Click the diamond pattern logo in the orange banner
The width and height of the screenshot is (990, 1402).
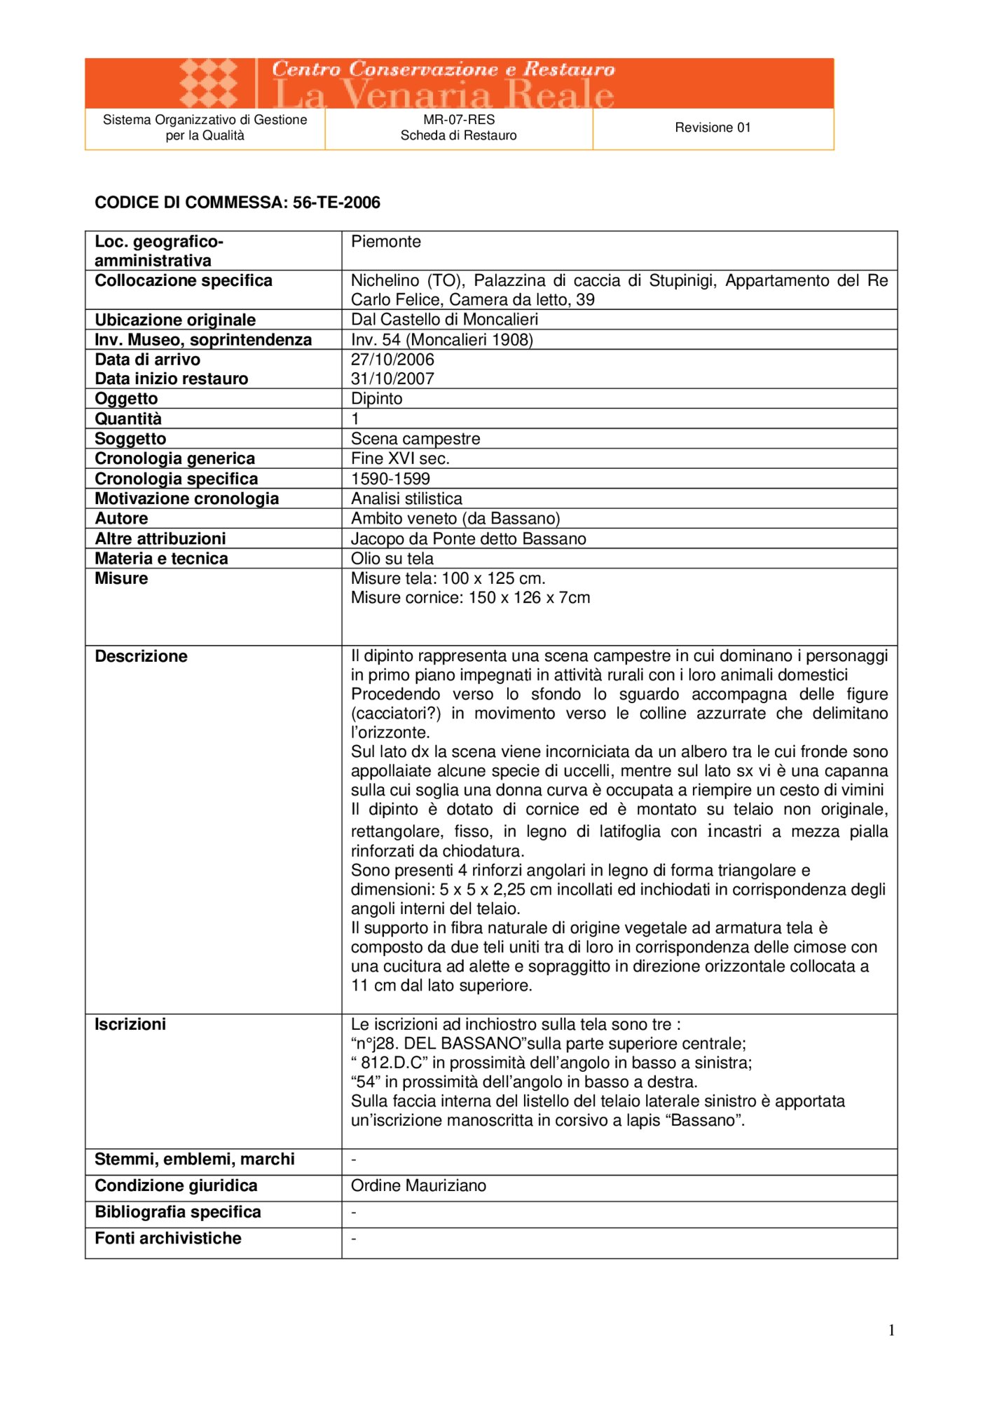point(208,83)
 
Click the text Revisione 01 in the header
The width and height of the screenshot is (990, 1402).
point(713,128)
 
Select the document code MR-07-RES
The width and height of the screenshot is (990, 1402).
point(459,120)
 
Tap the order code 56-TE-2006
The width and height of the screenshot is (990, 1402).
point(336,203)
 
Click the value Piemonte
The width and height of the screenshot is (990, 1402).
point(386,242)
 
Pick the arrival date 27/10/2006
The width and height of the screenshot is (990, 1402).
point(392,360)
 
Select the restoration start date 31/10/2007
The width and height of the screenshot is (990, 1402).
point(392,379)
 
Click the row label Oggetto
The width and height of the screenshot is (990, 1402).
point(127,399)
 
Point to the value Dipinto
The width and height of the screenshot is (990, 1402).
point(377,399)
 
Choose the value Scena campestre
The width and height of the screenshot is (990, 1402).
point(415,439)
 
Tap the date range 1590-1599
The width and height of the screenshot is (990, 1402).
point(390,479)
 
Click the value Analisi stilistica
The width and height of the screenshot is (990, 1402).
point(406,498)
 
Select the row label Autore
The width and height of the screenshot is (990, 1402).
point(121,519)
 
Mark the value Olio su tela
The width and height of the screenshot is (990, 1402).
point(392,559)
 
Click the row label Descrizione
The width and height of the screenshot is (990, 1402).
point(141,656)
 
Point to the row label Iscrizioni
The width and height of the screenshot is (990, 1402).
point(130,1024)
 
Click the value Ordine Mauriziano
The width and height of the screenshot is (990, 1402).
point(418,1185)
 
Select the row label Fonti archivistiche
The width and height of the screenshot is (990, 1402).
point(168,1238)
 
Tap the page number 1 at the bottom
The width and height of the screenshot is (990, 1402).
point(891,1330)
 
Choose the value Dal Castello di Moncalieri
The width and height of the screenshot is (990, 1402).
point(445,320)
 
